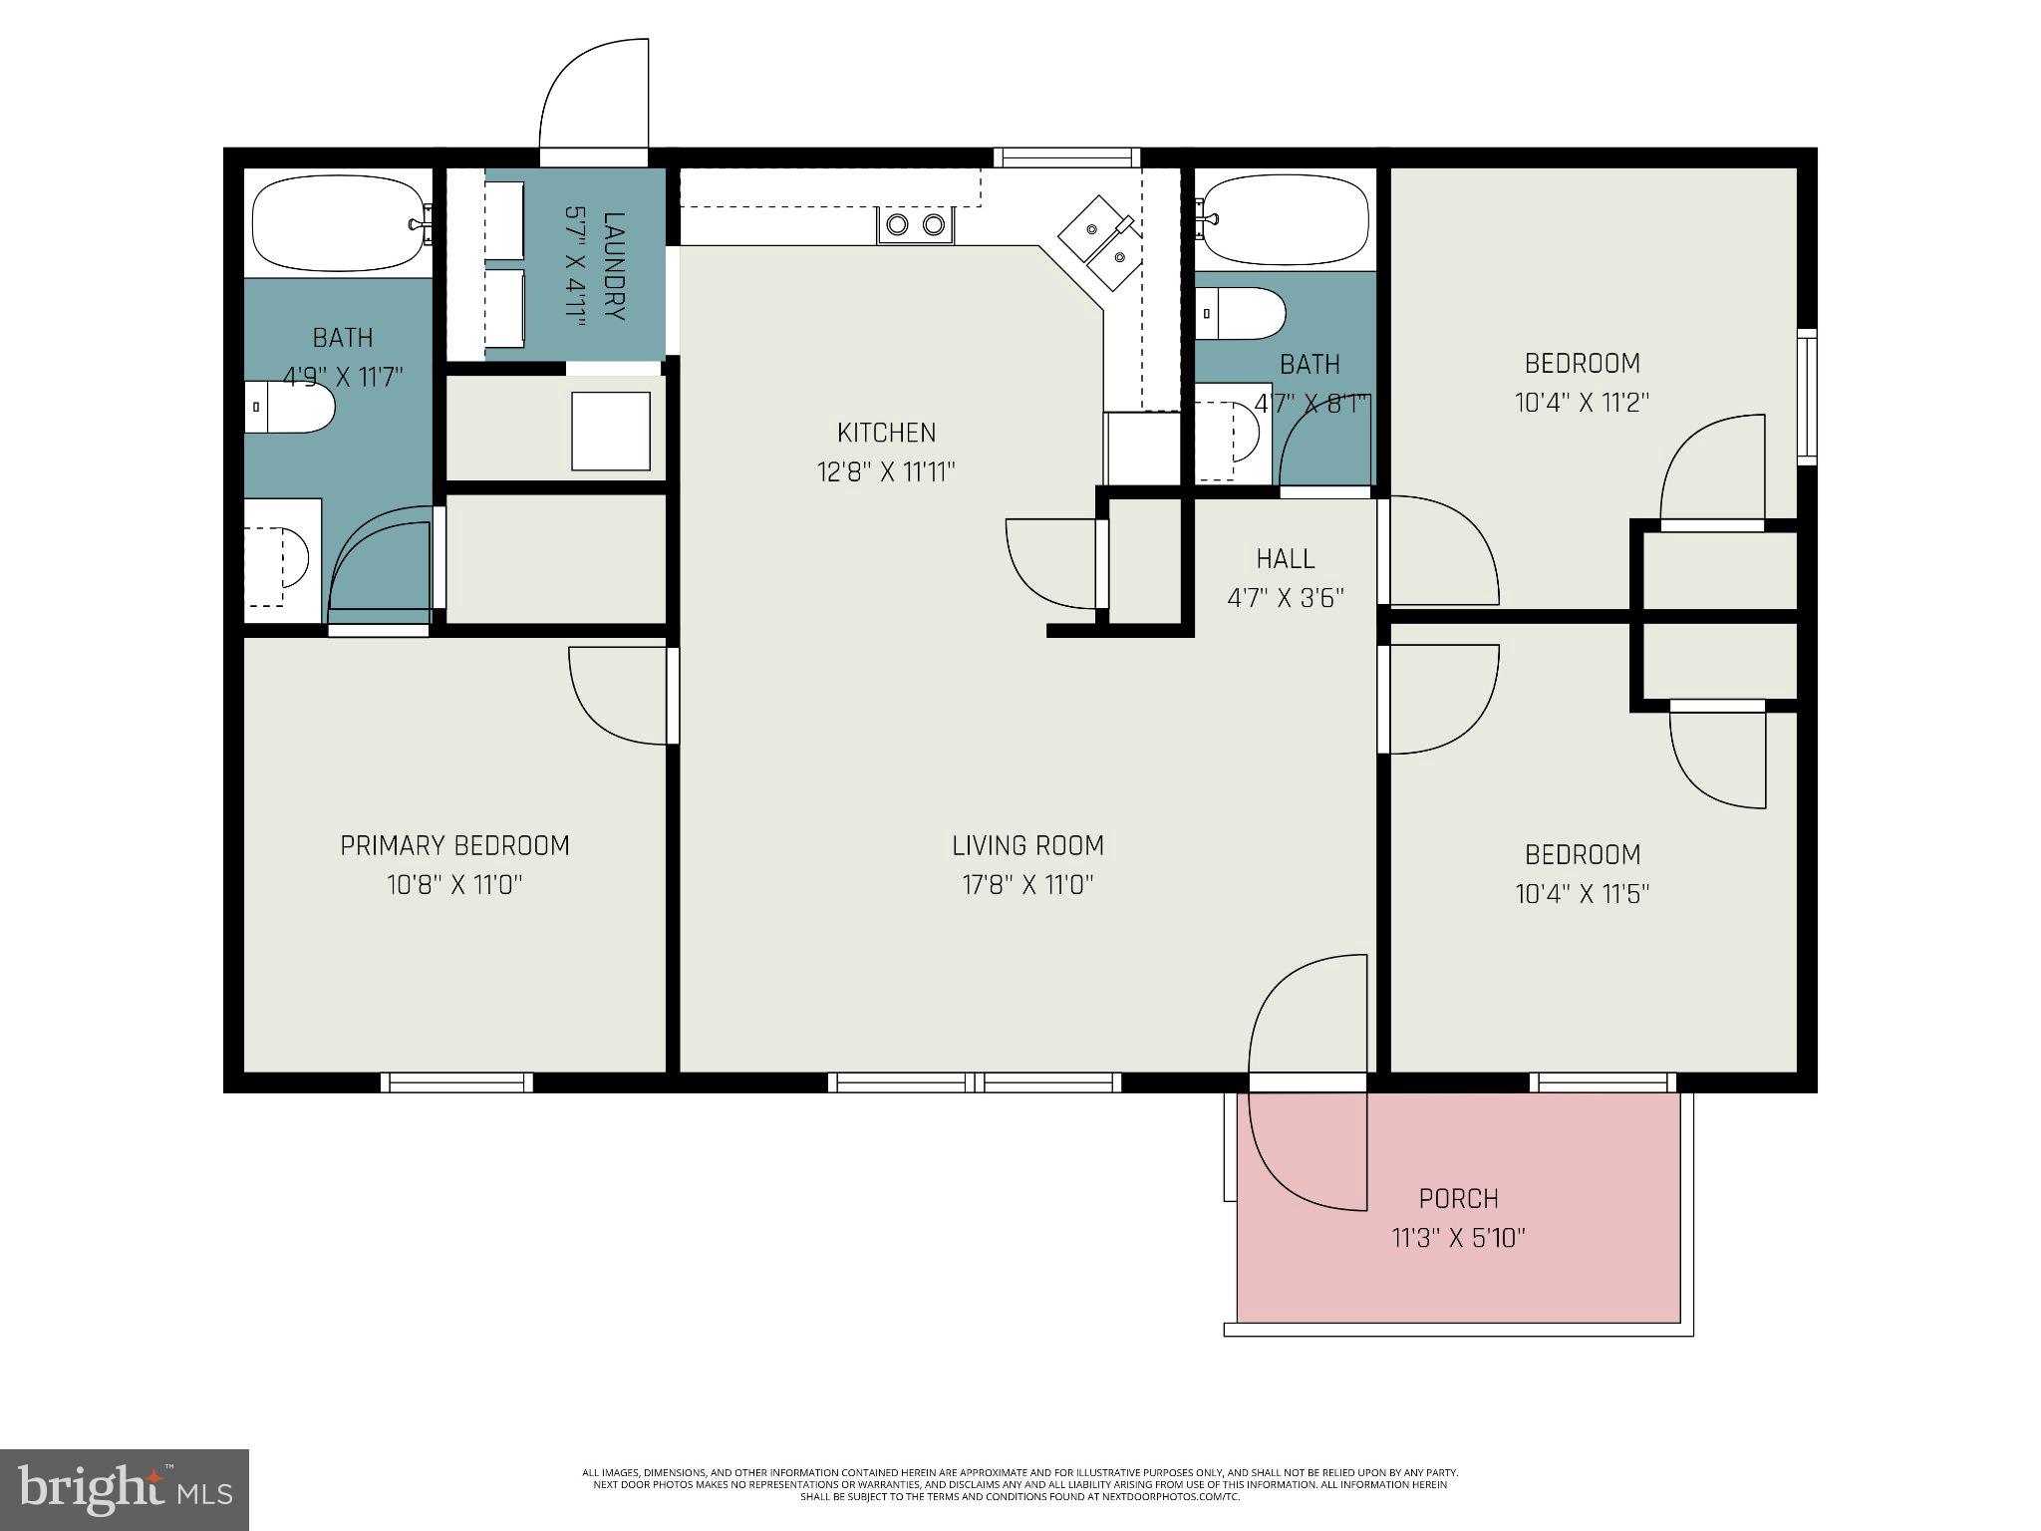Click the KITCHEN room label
(886, 433)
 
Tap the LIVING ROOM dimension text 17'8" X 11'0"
(1027, 885)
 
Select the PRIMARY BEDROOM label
(454, 845)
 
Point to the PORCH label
(1458, 1198)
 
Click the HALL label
(1285, 558)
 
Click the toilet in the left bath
(289, 407)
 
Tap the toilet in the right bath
(1239, 314)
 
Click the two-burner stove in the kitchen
(915, 225)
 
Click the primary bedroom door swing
(618, 695)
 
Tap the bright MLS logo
(124, 1489)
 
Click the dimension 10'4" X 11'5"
(1582, 894)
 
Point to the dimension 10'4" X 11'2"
(1582, 403)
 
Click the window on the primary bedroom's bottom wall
(457, 1082)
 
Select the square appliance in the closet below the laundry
(610, 431)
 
